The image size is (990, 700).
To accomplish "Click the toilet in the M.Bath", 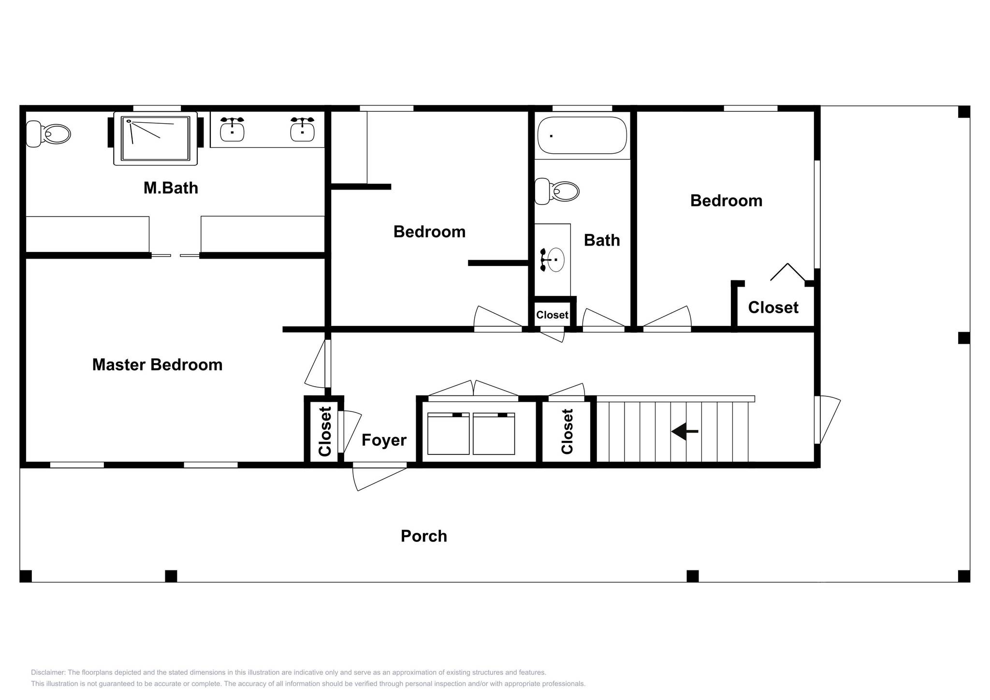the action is point(48,134).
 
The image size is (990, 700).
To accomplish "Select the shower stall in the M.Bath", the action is point(155,138).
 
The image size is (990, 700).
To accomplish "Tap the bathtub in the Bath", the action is point(582,135).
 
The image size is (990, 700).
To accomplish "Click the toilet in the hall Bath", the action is point(556,191).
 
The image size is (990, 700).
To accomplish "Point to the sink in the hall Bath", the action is point(554,260).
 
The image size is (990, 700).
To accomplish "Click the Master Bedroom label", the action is point(157,365).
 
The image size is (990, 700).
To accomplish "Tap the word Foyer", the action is point(384,440).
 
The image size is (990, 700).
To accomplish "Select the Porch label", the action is point(424,536).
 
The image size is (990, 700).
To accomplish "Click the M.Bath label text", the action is point(171,188).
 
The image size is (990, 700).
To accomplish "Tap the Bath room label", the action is point(602,240).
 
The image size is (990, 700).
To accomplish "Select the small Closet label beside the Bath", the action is point(552,315).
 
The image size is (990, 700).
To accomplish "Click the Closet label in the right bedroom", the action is point(773,307).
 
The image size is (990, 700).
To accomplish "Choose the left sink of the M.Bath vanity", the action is point(232,129).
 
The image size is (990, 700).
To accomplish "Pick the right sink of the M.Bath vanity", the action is point(303,129).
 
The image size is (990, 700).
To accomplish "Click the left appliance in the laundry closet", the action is point(449,434).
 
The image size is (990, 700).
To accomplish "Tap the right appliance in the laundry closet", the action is point(494,434).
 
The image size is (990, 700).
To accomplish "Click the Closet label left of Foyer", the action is point(325,431).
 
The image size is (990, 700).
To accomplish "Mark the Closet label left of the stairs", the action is point(567,431).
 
